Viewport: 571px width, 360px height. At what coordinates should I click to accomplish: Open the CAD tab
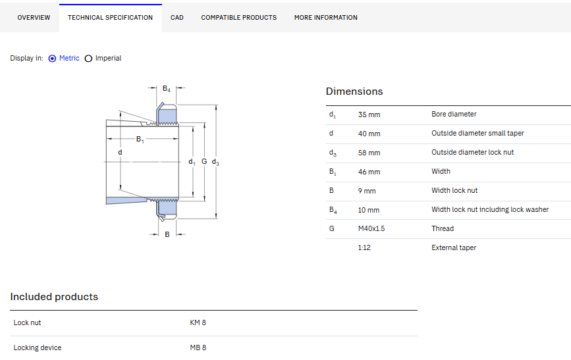coord(177,18)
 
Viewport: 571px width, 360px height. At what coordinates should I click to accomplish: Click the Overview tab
coord(34,18)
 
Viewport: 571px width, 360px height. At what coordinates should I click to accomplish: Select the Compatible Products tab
coord(239,18)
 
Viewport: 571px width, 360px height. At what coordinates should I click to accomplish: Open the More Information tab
coord(326,18)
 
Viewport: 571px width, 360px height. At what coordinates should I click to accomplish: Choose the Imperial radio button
coord(88,58)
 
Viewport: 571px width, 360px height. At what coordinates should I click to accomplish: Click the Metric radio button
coord(53,58)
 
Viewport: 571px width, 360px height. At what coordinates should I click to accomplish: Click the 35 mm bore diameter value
coord(369,115)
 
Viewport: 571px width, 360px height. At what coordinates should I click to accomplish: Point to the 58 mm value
coord(369,153)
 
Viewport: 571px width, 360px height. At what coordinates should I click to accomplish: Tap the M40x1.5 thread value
coord(371,228)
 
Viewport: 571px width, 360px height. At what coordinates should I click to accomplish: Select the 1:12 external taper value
coord(364,247)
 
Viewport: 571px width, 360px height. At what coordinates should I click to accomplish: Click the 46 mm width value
coord(369,172)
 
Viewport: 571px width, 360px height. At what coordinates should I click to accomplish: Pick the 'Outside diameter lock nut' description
coord(473,152)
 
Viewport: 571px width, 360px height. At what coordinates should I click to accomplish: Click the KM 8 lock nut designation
coord(198,322)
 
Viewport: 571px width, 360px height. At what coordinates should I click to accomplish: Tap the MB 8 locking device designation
coord(198,347)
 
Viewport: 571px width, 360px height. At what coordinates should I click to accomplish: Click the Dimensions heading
coord(354,91)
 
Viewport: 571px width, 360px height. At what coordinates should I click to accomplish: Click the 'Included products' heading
coord(54,297)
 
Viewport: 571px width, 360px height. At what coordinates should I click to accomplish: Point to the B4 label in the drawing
coord(167,89)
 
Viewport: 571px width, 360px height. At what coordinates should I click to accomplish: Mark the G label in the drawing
coord(204,161)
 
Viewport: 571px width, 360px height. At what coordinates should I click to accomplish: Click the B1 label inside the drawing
coord(140,140)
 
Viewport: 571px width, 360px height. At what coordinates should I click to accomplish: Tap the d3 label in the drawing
coord(215,162)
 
